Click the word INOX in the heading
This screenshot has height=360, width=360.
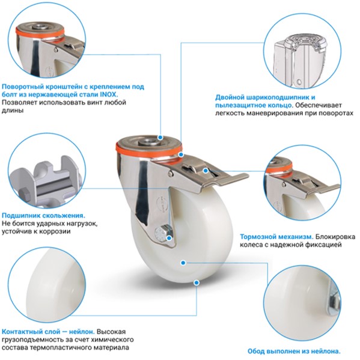click(108, 94)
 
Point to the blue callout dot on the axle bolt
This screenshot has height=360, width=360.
click(169, 238)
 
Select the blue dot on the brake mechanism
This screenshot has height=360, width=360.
click(206, 171)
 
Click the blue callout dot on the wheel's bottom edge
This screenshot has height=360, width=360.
click(197, 282)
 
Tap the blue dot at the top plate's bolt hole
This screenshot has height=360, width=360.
click(160, 138)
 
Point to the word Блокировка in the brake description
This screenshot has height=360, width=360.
click(335, 237)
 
